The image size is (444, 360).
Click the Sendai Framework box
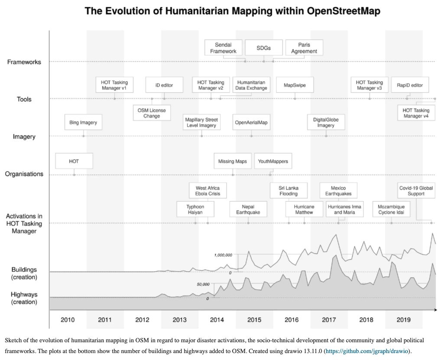coord(223,48)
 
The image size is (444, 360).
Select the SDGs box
coord(263,48)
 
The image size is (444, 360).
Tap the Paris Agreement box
coord(304,48)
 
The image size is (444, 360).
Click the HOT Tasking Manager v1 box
coord(114,85)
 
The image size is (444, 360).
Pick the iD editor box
coord(164,85)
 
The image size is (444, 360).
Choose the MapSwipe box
coord(295,85)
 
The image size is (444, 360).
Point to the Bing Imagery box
coord(83,122)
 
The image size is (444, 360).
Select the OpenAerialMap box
coord(251,122)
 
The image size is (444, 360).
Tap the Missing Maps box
coord(233,161)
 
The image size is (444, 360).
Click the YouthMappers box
coord(273,161)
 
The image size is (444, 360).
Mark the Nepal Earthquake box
coord(248,209)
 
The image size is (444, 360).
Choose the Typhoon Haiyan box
coord(195,209)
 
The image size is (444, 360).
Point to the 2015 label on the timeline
coord(254,320)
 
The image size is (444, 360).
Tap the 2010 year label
coord(68,320)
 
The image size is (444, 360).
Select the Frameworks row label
coord(24,62)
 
